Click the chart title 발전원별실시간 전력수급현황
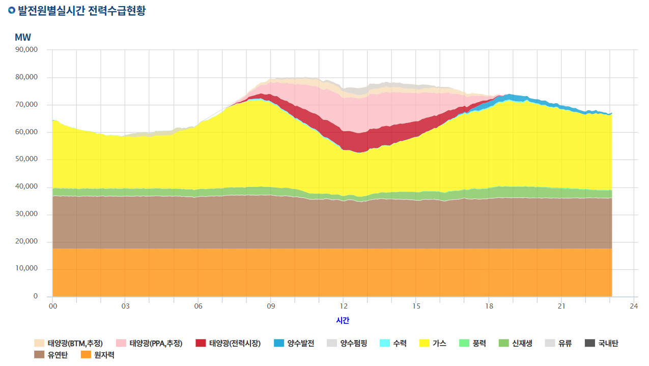coord(82,11)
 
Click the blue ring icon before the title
coord(12,10)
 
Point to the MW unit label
coord(22,37)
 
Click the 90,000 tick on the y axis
coord(26,49)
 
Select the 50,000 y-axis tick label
coord(26,159)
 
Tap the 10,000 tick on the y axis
coord(26,268)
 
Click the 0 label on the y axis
coord(35,296)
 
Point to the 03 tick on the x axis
coord(125,306)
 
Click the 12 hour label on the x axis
coord(343,306)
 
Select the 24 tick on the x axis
coord(634,306)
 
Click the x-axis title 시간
coord(343,320)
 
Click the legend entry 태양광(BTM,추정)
coord(68,343)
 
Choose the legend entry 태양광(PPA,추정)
coord(149,343)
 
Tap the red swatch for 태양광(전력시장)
coord(201,343)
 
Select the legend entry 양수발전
coord(294,343)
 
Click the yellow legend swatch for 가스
coord(425,343)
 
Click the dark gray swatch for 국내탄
coord(590,343)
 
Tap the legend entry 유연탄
coord(51,355)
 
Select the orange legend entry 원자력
coord(98,355)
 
